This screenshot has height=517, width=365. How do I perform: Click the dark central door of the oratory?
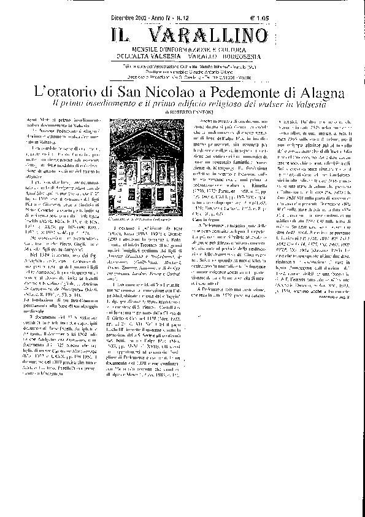147,196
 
